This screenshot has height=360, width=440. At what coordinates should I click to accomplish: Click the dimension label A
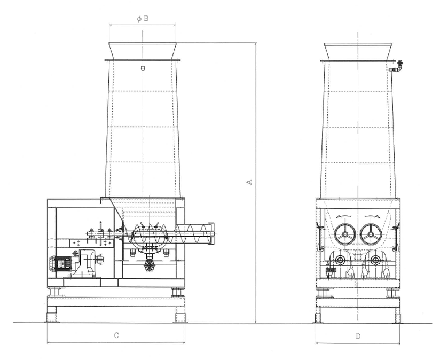click(x=249, y=182)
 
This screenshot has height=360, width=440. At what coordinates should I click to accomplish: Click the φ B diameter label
click(x=143, y=19)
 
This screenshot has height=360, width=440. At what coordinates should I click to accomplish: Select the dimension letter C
click(x=116, y=335)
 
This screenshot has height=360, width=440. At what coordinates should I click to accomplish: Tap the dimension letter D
click(x=358, y=336)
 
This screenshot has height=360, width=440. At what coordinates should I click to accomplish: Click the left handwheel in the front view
click(x=345, y=234)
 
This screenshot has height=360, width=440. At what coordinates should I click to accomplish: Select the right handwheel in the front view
click(x=371, y=234)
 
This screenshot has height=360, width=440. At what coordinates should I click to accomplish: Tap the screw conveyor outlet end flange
click(x=211, y=234)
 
